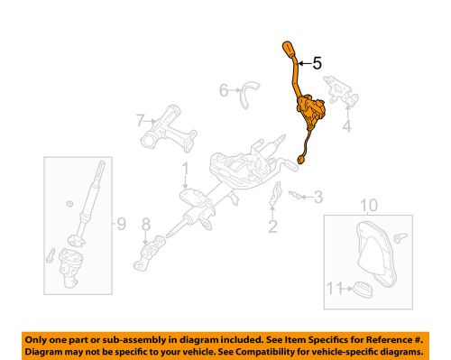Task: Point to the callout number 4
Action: coord(345,125)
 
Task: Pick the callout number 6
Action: coord(223,89)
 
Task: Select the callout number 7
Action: coord(141,120)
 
